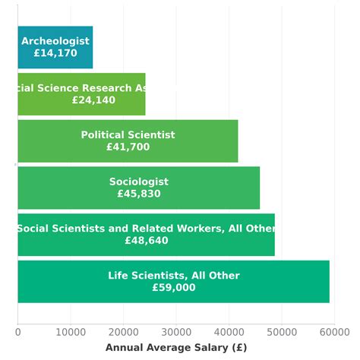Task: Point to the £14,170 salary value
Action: (x=55, y=54)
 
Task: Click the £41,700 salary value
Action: (x=128, y=147)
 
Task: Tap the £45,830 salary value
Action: (x=139, y=194)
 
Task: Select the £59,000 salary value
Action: (x=174, y=288)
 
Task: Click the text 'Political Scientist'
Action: (x=128, y=135)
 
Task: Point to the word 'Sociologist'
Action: (x=139, y=182)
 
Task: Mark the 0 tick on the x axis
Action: (x=17, y=332)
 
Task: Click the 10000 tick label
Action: (x=70, y=332)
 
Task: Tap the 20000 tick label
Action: (x=123, y=332)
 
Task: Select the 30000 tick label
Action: (x=176, y=332)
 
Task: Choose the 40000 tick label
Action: (x=229, y=332)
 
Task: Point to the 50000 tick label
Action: (x=282, y=332)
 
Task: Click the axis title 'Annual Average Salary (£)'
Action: (x=176, y=348)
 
